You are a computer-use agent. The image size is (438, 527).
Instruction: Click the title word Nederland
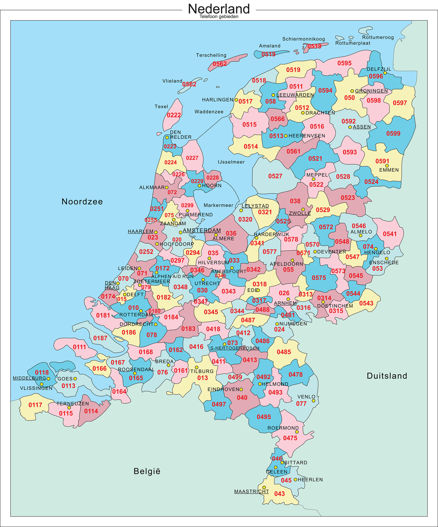(219, 9)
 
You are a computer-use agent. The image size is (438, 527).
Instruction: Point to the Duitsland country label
(387, 376)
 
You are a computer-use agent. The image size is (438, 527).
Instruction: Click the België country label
(147, 471)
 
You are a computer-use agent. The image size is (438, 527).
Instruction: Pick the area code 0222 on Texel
(174, 115)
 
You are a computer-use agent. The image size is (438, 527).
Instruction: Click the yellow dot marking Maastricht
(264, 487)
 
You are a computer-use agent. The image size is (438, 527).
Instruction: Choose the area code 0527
(275, 176)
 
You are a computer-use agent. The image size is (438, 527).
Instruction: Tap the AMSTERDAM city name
(202, 230)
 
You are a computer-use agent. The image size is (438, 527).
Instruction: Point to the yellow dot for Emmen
(387, 166)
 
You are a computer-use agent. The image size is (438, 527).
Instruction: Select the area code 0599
(393, 134)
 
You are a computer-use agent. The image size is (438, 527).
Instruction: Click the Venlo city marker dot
(313, 401)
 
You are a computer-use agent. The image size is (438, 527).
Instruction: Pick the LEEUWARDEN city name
(295, 95)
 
